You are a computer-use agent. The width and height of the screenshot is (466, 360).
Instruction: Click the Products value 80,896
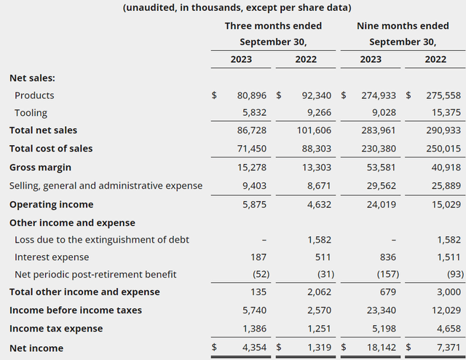252,95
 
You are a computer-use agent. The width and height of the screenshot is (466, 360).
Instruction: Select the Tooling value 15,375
446,112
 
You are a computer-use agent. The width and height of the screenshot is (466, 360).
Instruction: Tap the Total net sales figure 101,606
314,130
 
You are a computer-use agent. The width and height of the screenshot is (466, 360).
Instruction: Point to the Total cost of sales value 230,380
379,149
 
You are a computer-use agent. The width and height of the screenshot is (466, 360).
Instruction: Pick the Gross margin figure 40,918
446,168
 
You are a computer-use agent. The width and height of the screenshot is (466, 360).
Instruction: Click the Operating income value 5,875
254,205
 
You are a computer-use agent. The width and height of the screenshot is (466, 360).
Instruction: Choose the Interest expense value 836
388,257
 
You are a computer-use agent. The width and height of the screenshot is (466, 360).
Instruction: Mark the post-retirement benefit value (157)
388,274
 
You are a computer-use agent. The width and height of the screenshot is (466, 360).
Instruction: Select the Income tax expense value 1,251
319,329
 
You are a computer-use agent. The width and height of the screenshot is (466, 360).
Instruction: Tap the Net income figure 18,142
382,348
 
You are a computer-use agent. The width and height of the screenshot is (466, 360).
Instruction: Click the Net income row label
36,348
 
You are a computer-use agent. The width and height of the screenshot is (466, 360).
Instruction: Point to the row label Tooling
31,113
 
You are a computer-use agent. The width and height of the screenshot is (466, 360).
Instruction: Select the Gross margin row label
41,168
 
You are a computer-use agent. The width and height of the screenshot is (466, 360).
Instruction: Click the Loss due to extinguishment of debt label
102,240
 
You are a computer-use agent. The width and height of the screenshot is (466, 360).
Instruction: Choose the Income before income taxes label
76,310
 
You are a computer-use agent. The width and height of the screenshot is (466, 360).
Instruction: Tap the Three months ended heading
273,26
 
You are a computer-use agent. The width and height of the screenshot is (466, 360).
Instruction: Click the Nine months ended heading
403,26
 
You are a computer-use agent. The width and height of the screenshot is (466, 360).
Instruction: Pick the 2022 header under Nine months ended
435,60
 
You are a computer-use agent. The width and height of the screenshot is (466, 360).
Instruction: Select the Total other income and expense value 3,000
449,292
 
